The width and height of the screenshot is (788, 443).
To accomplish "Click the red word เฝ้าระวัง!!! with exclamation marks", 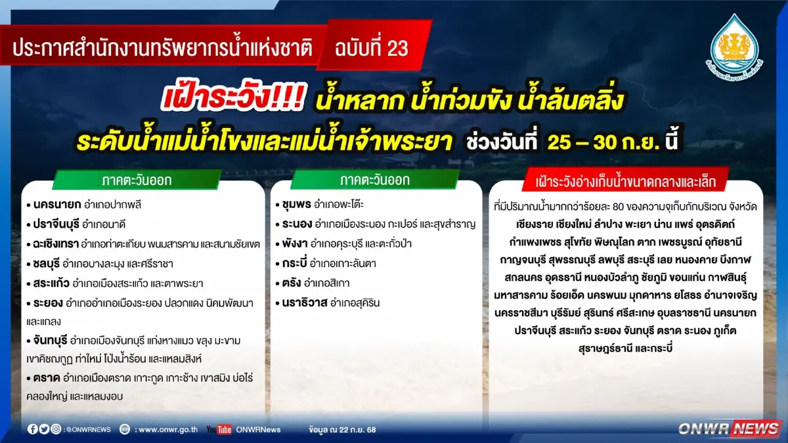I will point(232,100).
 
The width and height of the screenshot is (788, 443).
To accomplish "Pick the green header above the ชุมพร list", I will point(375,180).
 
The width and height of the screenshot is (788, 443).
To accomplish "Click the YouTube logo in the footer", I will point(219,429).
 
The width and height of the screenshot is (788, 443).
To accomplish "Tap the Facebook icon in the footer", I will point(33,429).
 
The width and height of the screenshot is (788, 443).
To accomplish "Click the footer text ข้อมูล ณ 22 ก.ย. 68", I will point(342,429).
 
